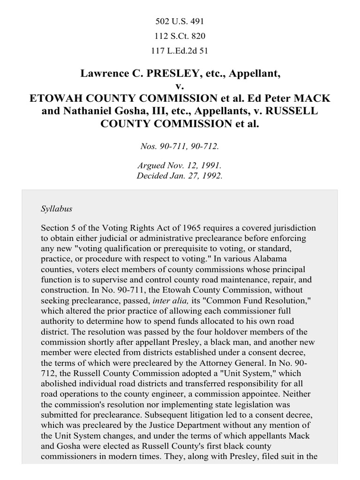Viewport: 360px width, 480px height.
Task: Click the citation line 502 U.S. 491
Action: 180,22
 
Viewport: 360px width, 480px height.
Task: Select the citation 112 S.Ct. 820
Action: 180,36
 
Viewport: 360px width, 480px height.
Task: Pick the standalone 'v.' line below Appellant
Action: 180,86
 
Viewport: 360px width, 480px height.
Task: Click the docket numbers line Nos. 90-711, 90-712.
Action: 180,146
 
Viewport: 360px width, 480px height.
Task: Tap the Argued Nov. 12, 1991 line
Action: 180,166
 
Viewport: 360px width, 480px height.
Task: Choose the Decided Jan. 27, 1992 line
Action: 180,176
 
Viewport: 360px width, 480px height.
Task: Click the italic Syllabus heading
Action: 56,209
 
